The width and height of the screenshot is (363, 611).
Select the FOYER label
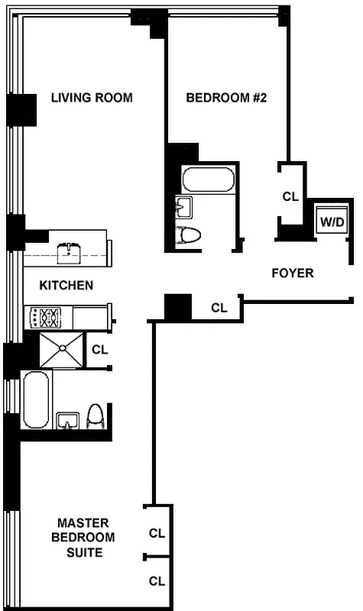pos(293,273)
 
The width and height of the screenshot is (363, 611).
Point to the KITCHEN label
pos(66,285)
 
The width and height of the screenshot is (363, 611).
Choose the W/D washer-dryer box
pos(332,222)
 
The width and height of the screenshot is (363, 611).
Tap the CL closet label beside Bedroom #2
pos(290,196)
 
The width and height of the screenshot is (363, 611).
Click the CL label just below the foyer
pos(219,309)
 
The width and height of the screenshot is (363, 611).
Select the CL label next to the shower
pos(99,350)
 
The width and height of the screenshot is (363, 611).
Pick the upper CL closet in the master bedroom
pos(157,533)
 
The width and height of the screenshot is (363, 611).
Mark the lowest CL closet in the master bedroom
pos(157,581)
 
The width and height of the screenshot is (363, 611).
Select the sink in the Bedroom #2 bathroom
pos(183,206)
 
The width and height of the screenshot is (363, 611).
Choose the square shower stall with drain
pos(60,350)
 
